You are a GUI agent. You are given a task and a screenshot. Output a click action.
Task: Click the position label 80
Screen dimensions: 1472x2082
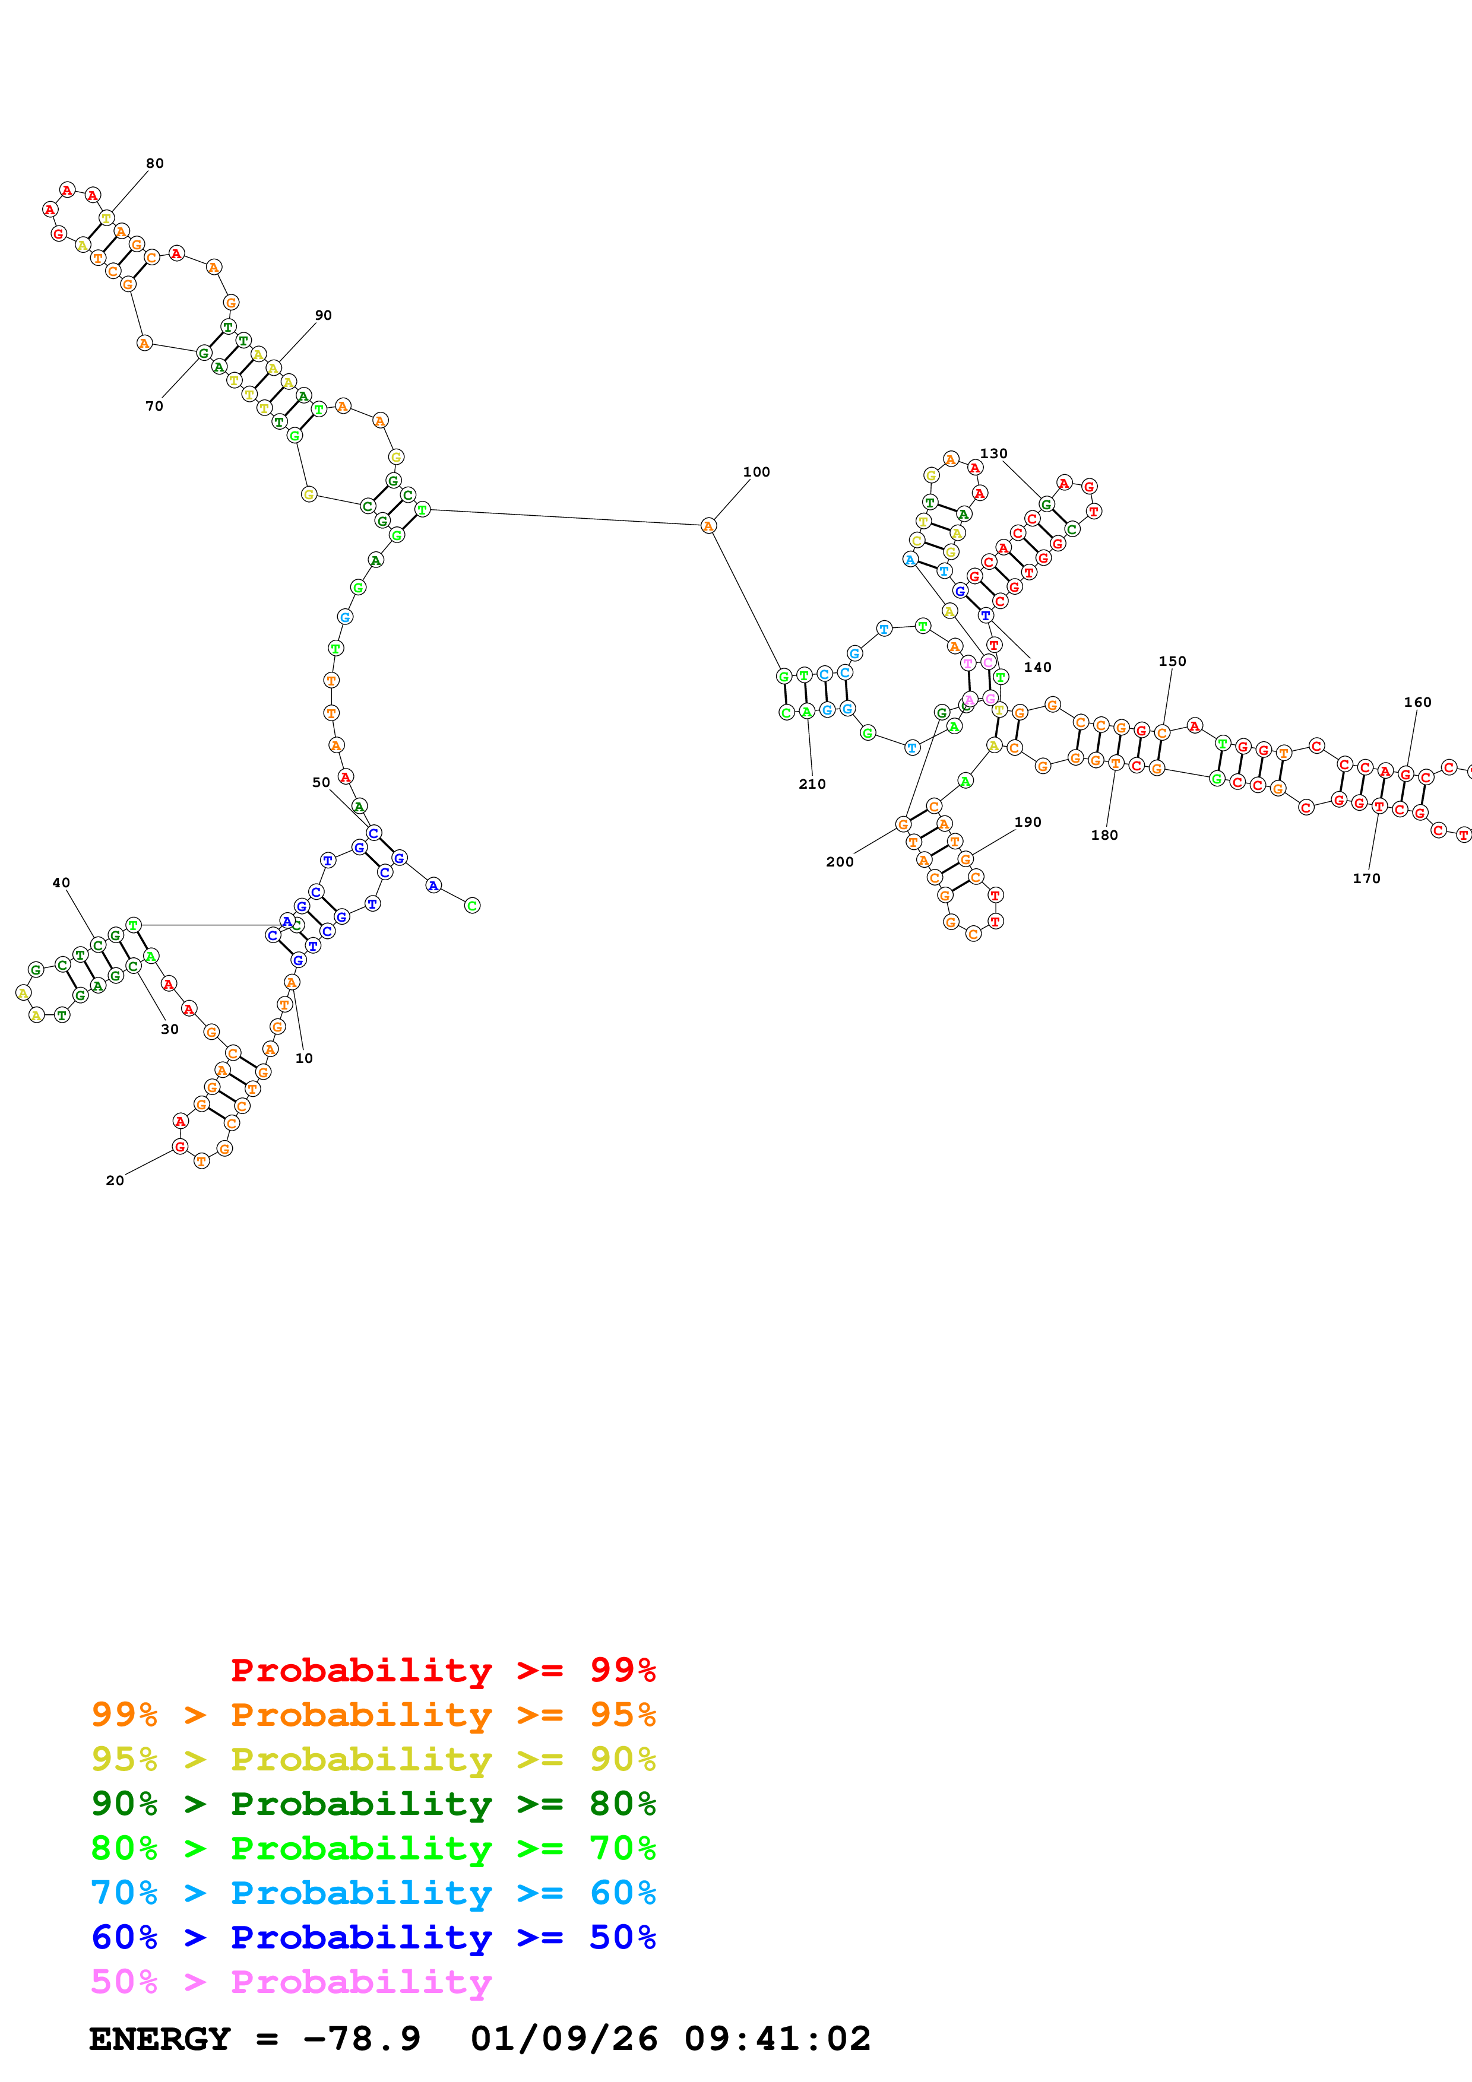pos(155,163)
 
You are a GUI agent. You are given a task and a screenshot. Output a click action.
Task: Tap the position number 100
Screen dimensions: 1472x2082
pos(756,471)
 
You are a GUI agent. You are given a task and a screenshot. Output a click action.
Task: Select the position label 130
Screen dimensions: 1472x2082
pos(993,453)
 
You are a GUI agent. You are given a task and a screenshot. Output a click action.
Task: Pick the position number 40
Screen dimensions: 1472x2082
pos(61,883)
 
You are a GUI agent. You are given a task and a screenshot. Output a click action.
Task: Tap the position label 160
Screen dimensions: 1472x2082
pos(1417,702)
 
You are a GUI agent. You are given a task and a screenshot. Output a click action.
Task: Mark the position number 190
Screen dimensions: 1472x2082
pos(1028,821)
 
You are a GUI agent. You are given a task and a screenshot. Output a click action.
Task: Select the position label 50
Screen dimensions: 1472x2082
pos(321,782)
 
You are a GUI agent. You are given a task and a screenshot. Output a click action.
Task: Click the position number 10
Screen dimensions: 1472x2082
pos(304,1058)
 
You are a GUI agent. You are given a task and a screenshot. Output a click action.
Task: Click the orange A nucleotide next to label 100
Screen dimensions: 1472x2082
pos(708,526)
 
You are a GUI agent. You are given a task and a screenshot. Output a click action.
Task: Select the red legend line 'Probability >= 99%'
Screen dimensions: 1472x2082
pos(442,1670)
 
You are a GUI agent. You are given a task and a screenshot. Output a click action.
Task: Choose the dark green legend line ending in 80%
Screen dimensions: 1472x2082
pos(373,1804)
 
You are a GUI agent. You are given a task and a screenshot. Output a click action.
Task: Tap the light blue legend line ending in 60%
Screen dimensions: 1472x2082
pos(373,1893)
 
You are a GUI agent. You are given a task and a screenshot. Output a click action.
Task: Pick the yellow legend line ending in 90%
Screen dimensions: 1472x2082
pos(373,1759)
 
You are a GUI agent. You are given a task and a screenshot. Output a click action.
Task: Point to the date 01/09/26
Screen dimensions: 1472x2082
pos(564,2039)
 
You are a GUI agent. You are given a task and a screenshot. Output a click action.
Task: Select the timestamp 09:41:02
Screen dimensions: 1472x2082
pos(777,2039)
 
